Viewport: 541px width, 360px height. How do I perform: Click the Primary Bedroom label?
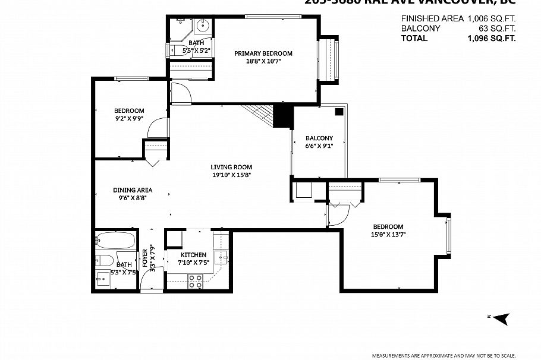pos(263,53)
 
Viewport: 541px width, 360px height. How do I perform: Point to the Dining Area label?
pos(133,190)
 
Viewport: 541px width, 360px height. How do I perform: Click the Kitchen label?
pos(194,255)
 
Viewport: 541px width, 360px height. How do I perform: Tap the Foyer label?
pos(144,259)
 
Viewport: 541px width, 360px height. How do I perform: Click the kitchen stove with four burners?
pos(195,281)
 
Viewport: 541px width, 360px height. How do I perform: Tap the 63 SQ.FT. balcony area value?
pos(497,28)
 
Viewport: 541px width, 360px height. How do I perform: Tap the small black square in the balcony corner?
pos(338,111)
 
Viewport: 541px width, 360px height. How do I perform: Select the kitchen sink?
pos(220,257)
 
